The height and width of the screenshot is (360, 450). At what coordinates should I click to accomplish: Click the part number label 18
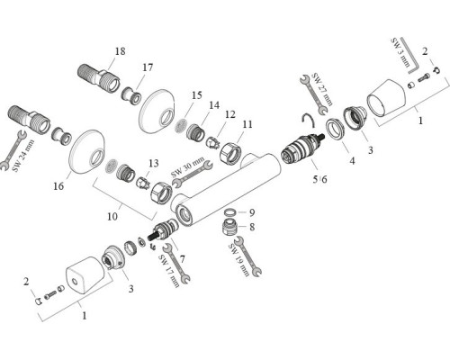pos(120,51)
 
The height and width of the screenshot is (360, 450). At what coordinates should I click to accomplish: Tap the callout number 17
pos(148,67)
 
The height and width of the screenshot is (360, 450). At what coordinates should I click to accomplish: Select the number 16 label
pos(58,186)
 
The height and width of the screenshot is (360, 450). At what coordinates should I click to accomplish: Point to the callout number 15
pos(197,95)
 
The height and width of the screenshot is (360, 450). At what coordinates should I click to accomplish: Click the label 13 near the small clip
pos(154,164)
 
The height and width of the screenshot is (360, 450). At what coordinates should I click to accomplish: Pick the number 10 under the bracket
pos(112,216)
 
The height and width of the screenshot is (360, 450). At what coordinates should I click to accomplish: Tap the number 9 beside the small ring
pos(252,212)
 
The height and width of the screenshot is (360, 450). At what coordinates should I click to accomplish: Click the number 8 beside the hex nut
pos(252,227)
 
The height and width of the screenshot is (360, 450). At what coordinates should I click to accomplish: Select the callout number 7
pos(183,258)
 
